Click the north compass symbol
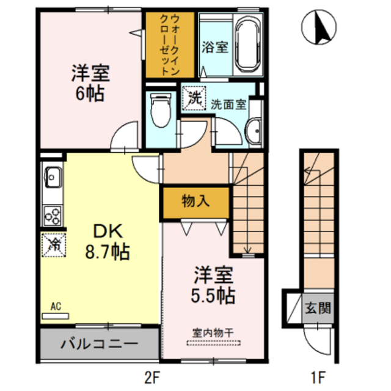[x=319, y=27]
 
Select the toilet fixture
[x=161, y=110]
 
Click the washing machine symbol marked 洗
[x=194, y=98]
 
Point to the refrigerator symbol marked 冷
[x=54, y=245]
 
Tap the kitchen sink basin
[x=53, y=177]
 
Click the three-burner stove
[x=53, y=216]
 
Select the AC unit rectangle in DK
[x=55, y=316]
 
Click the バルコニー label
[x=99, y=345]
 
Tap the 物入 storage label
[x=195, y=201]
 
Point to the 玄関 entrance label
[x=318, y=308]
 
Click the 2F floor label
[x=152, y=378]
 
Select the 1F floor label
[x=318, y=378]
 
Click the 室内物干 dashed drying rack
[x=214, y=343]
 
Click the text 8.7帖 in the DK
[x=108, y=252]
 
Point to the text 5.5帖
[x=213, y=296]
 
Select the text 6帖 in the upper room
[x=90, y=93]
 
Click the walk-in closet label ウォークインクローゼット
[x=170, y=45]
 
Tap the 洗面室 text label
[x=228, y=104]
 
